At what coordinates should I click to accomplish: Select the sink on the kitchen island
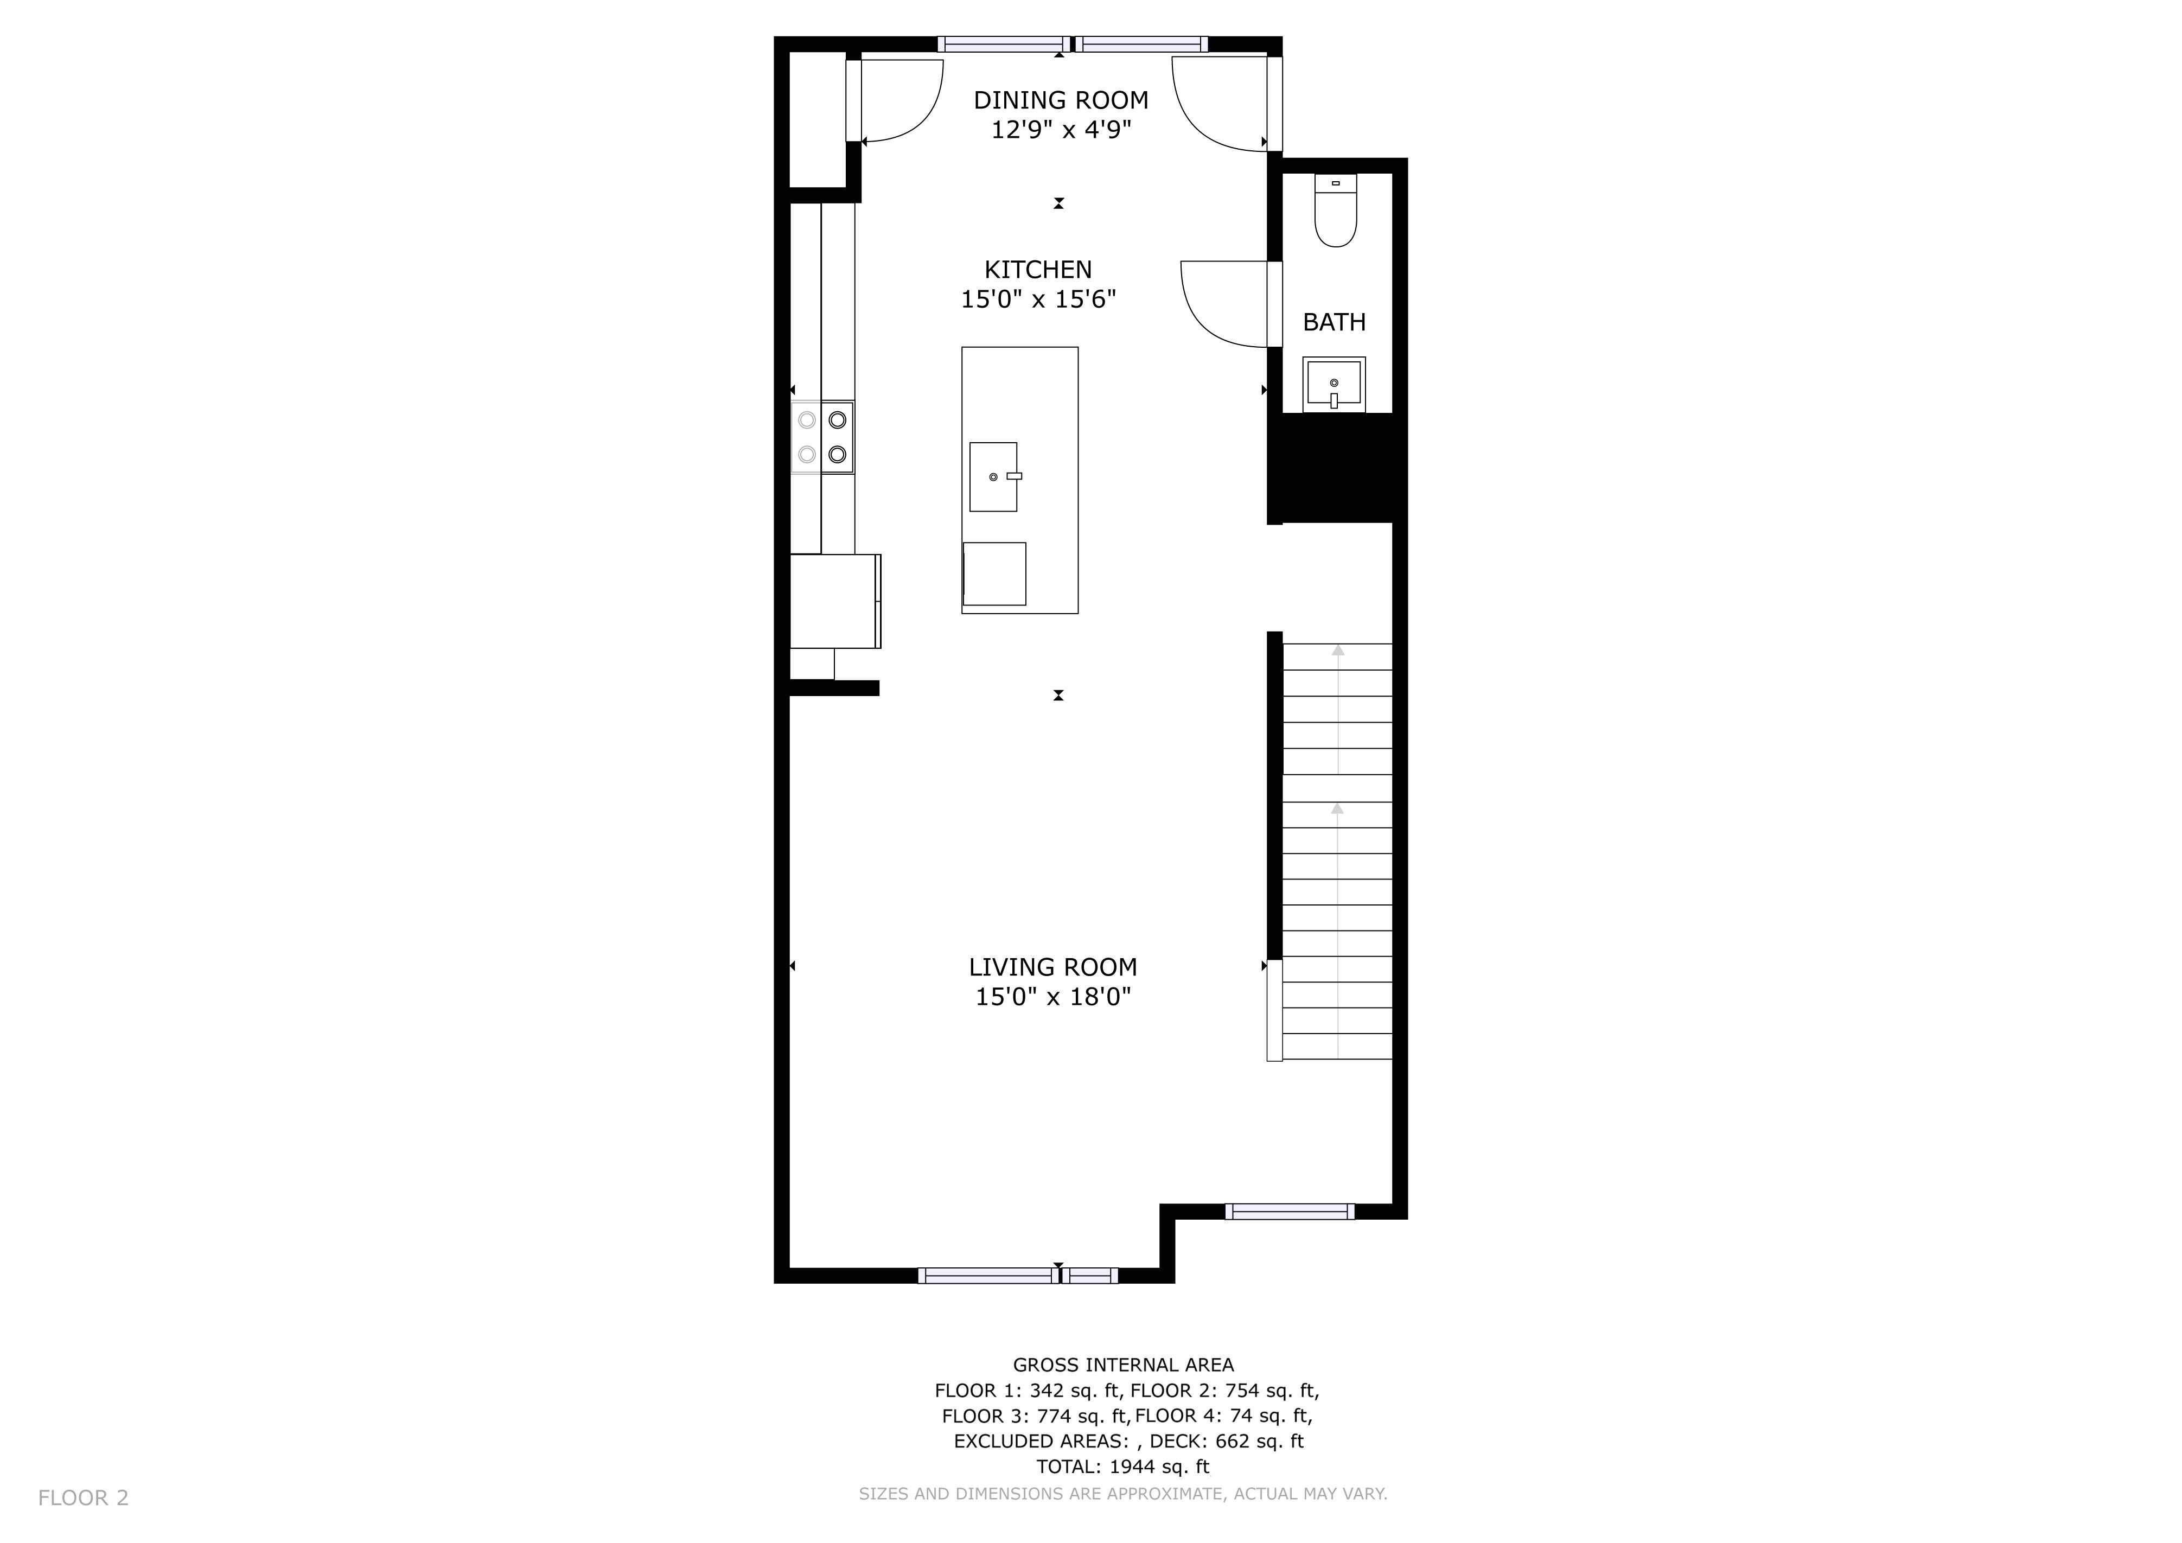(994, 477)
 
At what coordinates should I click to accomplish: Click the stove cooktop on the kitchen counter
(823, 437)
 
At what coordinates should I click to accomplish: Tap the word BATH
(1334, 322)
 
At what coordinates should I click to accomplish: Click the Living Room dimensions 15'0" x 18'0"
(1053, 997)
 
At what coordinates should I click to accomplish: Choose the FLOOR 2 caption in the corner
(84, 1499)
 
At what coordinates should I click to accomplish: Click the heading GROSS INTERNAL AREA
(1124, 1366)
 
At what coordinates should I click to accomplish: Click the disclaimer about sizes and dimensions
(1124, 1494)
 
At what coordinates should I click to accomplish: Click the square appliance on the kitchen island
(994, 574)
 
